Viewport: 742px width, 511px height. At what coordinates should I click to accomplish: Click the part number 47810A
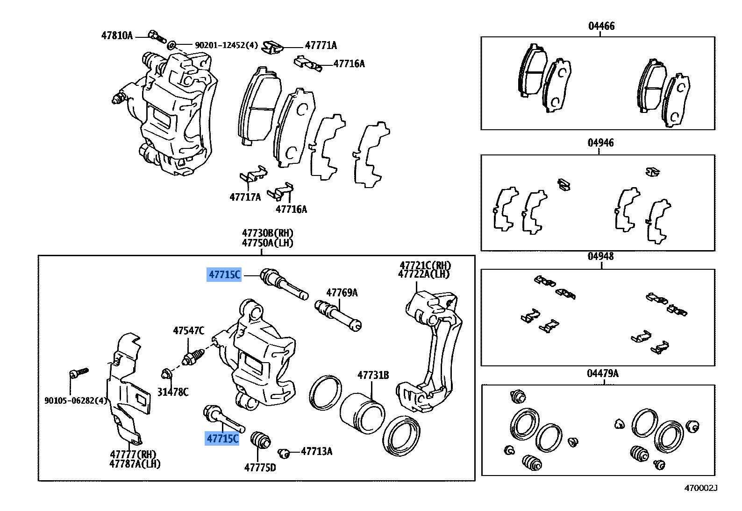(x=117, y=35)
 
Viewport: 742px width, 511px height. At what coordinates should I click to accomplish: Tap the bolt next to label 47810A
(x=157, y=35)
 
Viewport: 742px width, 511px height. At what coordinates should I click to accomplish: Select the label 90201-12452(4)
(x=226, y=45)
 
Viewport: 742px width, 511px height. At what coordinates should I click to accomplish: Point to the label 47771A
(x=321, y=45)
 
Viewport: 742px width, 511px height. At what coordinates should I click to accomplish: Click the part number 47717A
(x=245, y=197)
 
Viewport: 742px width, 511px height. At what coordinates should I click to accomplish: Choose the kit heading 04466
(x=601, y=26)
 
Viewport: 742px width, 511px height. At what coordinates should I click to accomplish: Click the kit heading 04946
(x=600, y=143)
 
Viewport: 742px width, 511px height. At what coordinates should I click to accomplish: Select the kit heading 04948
(x=600, y=256)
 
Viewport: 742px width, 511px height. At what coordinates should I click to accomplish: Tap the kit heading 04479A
(x=602, y=373)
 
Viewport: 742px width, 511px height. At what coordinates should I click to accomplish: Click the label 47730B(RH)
(x=267, y=233)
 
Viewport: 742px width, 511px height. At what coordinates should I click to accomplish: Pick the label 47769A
(x=342, y=293)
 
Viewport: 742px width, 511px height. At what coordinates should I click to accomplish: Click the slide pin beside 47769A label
(x=338, y=315)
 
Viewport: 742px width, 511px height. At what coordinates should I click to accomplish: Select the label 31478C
(x=172, y=392)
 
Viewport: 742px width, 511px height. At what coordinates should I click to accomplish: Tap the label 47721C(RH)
(x=425, y=265)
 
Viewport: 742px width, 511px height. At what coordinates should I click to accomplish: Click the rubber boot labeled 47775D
(x=260, y=440)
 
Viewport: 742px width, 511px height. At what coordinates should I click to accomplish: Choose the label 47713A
(x=316, y=451)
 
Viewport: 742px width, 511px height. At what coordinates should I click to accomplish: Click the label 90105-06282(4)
(x=76, y=400)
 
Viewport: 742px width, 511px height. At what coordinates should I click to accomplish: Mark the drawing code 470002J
(x=700, y=488)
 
